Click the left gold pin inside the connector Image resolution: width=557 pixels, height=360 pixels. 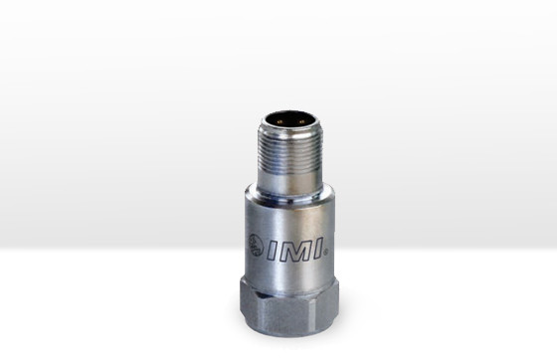(279, 121)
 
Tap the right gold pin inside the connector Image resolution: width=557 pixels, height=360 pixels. (302, 121)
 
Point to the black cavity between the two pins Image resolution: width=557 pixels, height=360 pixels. (290, 119)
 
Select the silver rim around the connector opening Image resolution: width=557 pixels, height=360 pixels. (290, 127)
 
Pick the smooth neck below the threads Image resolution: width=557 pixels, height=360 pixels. (289, 184)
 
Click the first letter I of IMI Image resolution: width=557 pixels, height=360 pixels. (274, 251)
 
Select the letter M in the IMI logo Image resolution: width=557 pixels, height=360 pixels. (295, 250)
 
